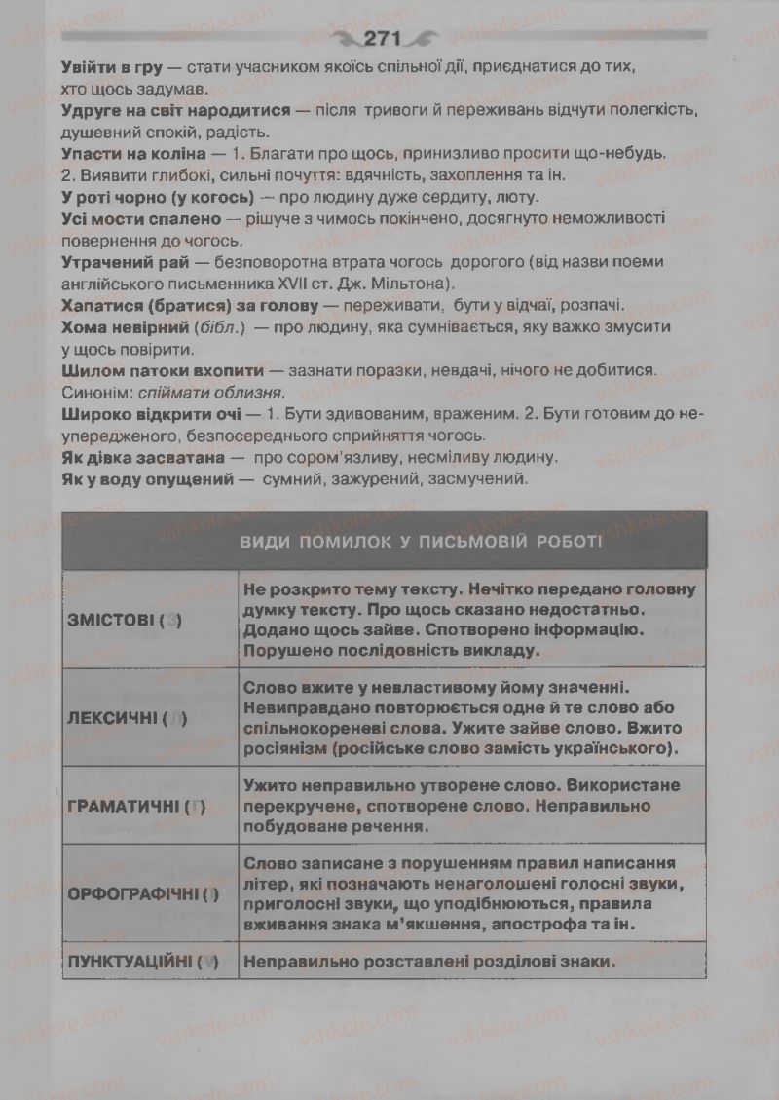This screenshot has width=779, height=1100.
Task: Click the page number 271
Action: [385, 39]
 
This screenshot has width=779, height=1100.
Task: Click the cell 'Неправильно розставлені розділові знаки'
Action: [430, 961]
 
